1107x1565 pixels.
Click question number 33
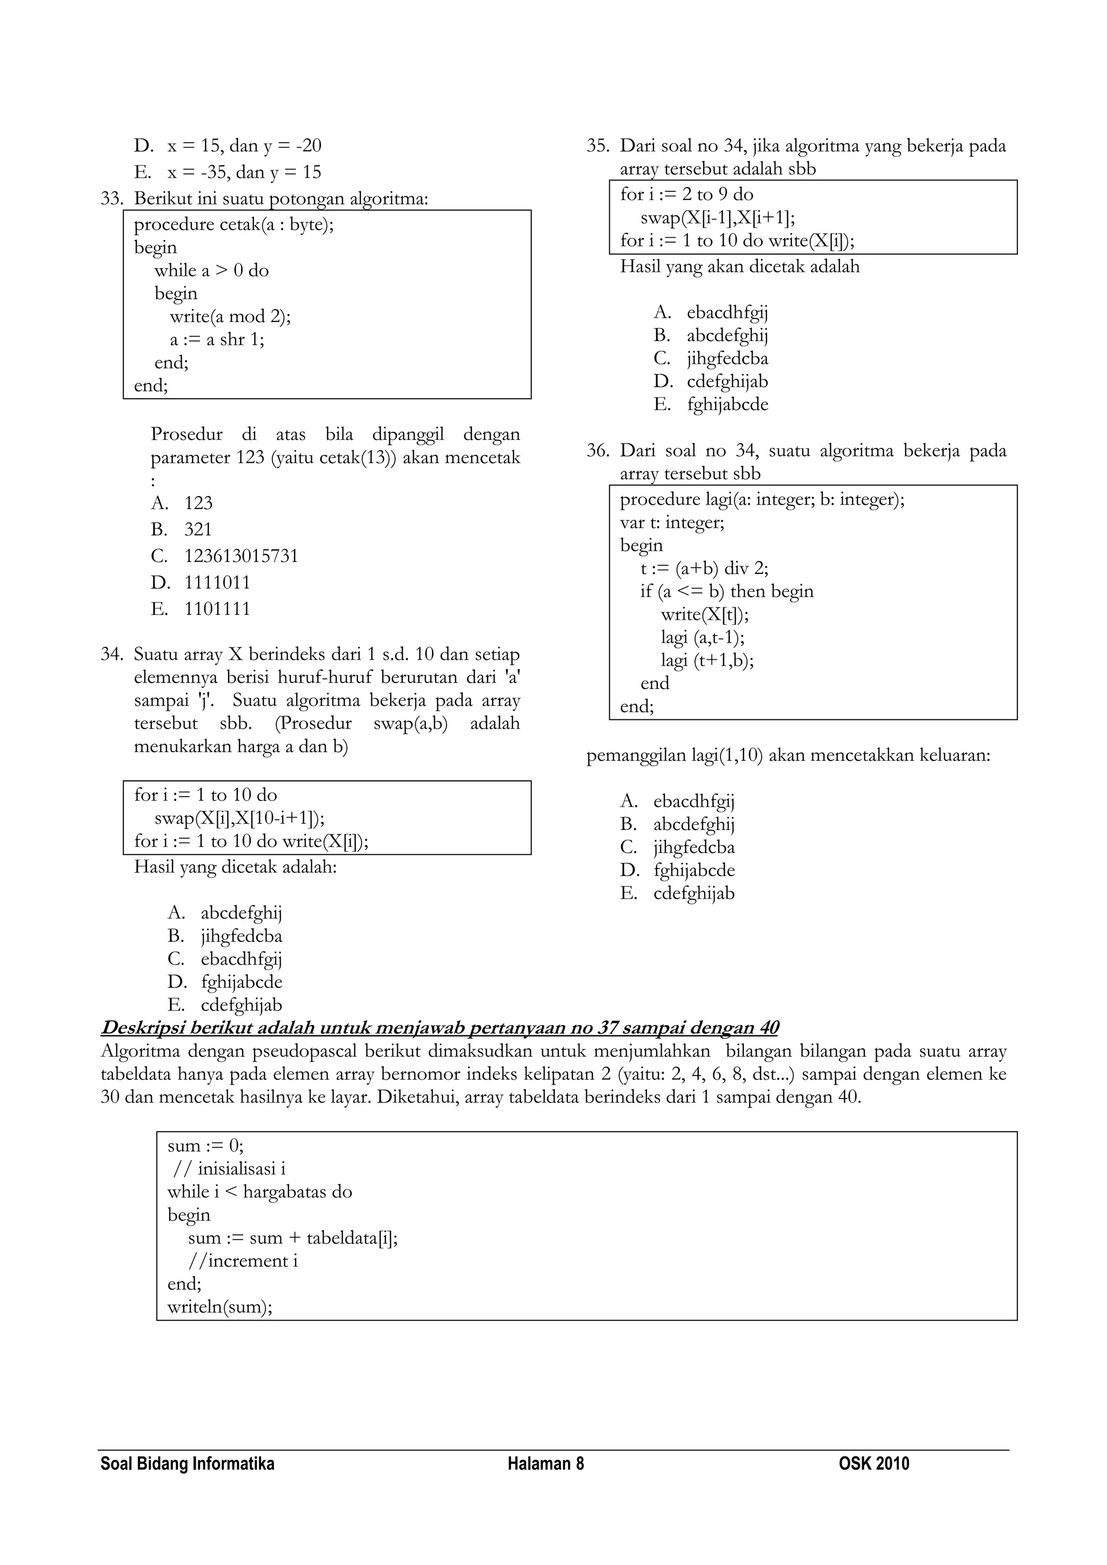pos(112,199)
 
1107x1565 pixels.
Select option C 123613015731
pos(241,556)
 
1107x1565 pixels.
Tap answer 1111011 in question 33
pos(217,583)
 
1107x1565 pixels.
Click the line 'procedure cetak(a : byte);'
pos(234,224)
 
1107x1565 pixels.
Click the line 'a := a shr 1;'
pos(217,339)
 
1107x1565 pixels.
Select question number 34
pos(112,654)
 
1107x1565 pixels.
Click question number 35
pos(598,146)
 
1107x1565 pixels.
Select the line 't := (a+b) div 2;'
pos(704,569)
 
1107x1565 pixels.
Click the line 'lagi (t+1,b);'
pos(707,660)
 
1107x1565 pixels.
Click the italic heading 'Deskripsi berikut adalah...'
pos(439,1028)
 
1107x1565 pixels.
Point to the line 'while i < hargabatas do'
pos(259,1192)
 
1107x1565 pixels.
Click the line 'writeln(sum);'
pos(219,1307)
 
